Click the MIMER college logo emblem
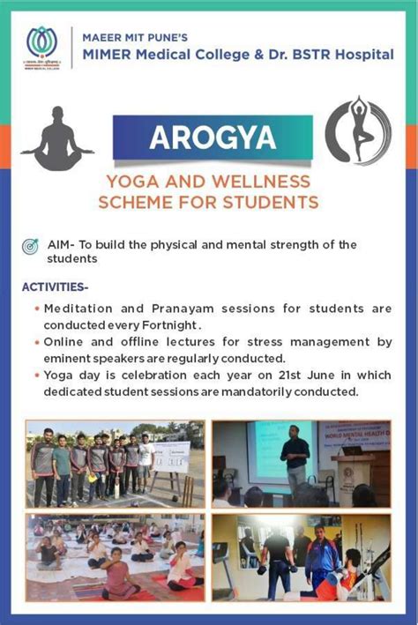pos(40,45)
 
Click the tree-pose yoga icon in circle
pos(357,131)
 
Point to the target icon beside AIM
pos(31,246)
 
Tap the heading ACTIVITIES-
pos(55,287)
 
